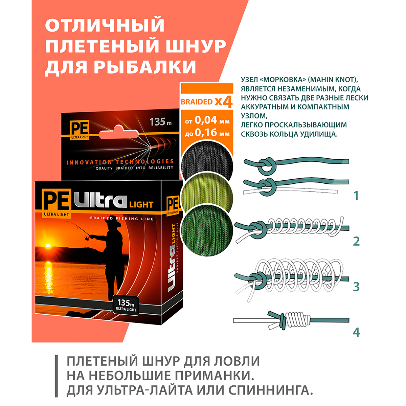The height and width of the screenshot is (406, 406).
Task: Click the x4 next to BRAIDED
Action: (224, 102)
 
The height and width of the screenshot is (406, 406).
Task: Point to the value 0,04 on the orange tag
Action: (206, 120)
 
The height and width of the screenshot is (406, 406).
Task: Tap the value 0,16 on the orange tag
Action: (206, 133)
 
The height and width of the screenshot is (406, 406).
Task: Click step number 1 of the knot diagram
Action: (356, 196)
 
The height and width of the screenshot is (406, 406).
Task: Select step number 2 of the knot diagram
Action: (356, 241)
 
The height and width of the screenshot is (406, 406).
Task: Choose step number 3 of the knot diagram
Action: (356, 287)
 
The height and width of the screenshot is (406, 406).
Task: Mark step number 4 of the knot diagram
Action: (356, 332)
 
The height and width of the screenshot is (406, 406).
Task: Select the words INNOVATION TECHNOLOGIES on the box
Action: (120, 162)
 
